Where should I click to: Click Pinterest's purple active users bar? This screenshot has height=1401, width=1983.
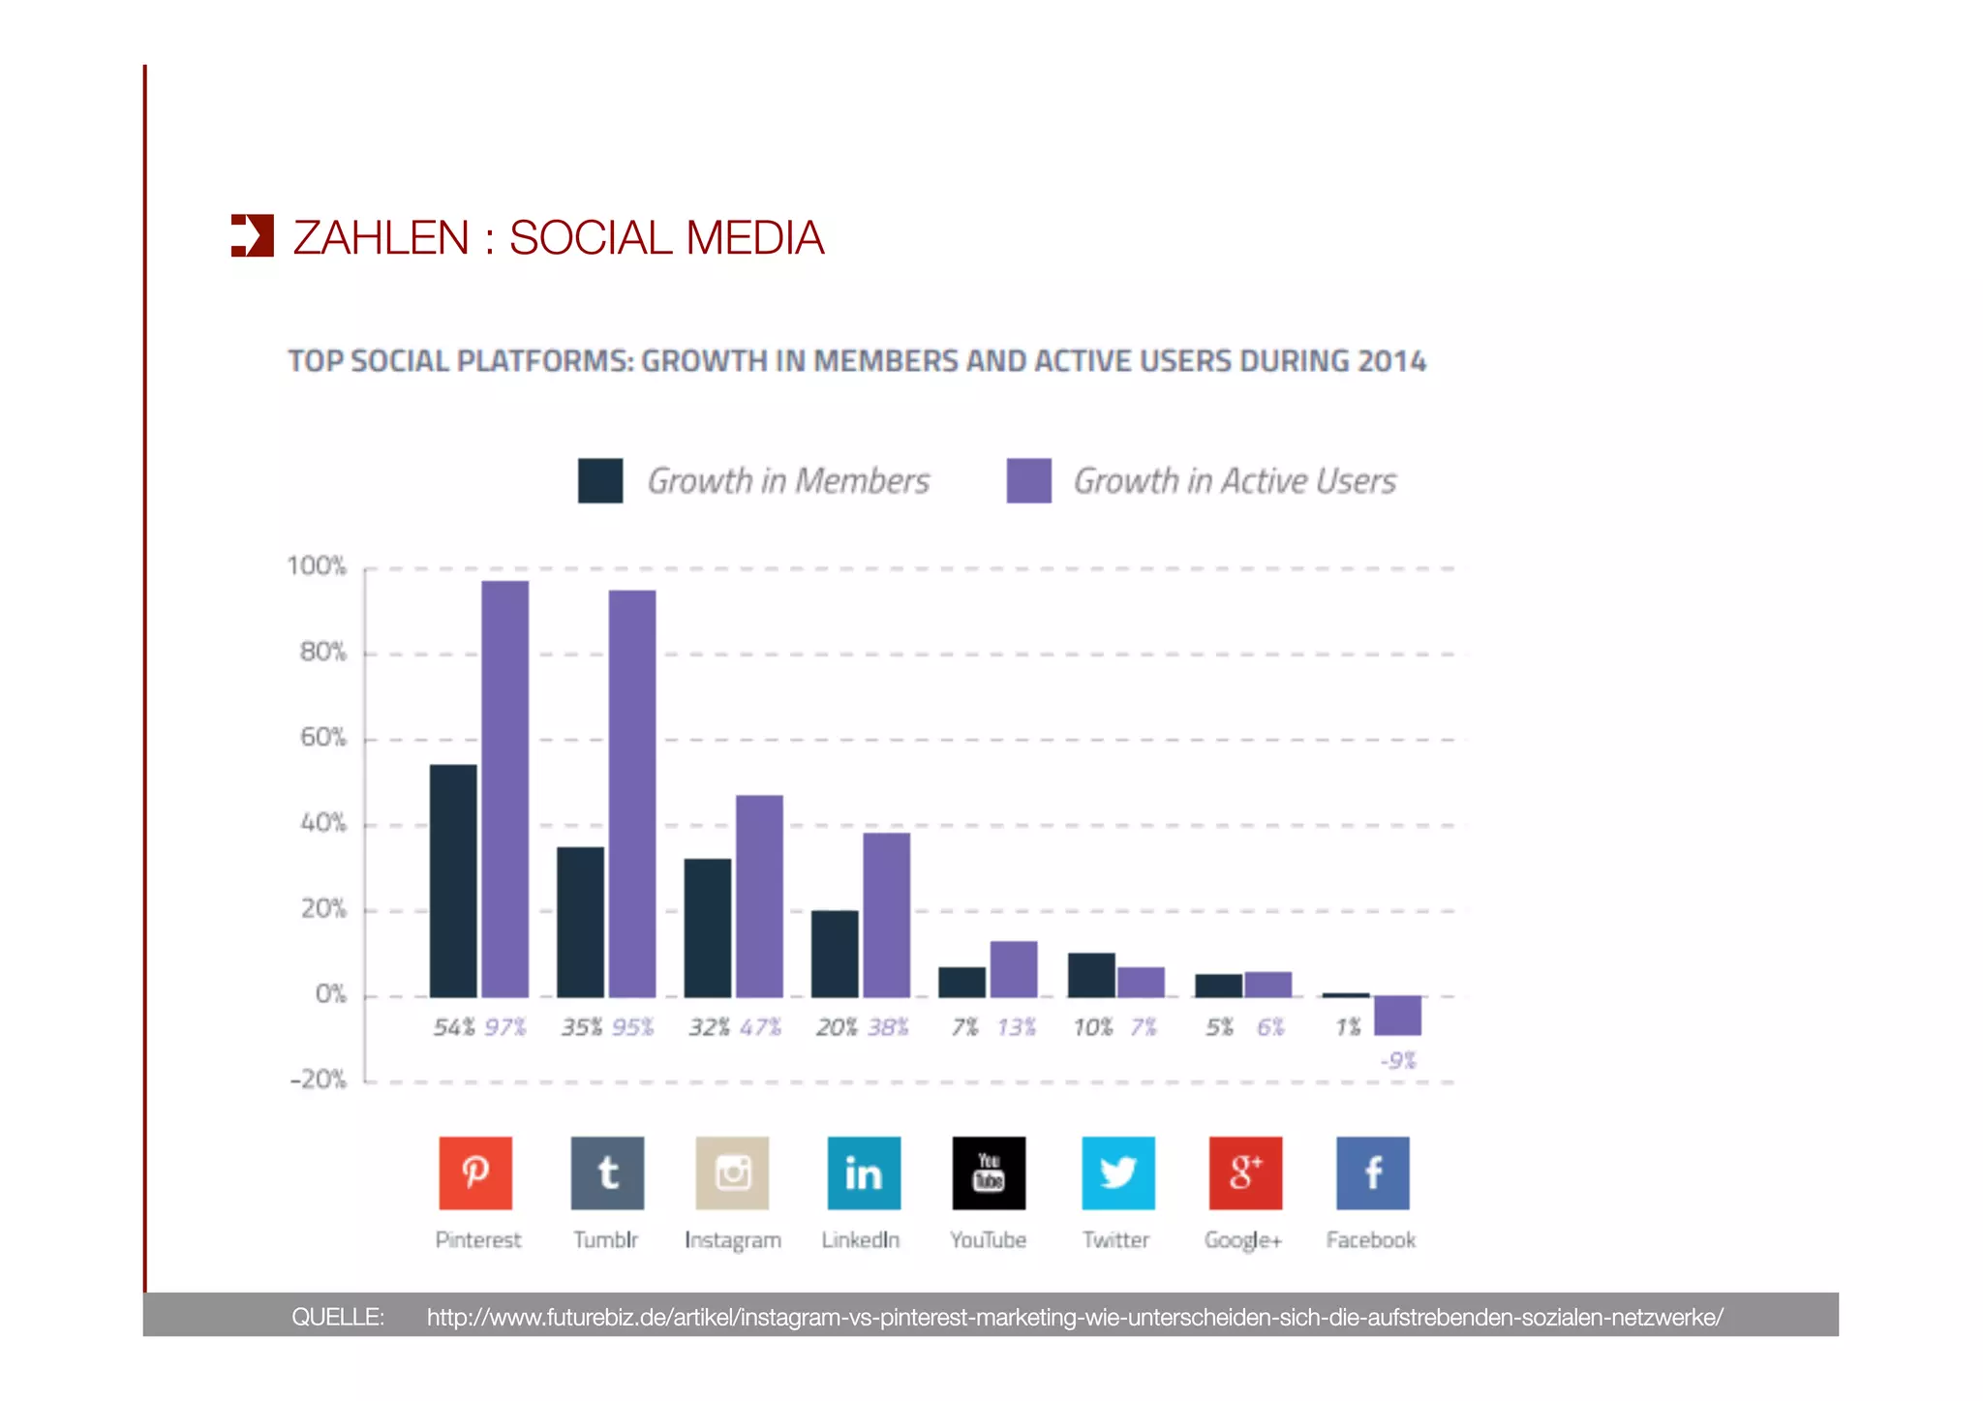coord(504,788)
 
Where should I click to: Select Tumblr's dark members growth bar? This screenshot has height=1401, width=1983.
coord(580,922)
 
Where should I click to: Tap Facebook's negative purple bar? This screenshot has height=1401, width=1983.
coord(1397,1015)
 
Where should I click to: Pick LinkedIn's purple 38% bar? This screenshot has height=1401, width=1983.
coord(886,914)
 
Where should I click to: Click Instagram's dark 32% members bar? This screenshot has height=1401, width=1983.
coord(707,928)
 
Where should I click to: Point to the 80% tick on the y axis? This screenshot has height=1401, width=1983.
coord(323,653)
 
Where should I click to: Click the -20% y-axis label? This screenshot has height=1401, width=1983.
coord(319,1080)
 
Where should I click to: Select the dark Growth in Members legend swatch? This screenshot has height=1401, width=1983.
coord(600,480)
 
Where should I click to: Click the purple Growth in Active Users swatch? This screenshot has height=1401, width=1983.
coord(1028,480)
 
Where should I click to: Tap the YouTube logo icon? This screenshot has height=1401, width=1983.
coord(989,1173)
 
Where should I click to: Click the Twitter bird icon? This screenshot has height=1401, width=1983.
coord(1117,1173)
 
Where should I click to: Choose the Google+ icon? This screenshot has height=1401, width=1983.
coord(1245,1173)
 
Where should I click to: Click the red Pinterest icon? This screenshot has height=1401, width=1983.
coord(475,1173)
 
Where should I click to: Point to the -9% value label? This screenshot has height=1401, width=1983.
coord(1397,1060)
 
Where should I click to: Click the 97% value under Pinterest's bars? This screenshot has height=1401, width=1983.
coord(505,1027)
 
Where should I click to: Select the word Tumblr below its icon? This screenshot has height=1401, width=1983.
coord(605,1240)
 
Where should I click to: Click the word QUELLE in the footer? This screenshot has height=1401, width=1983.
coord(338,1317)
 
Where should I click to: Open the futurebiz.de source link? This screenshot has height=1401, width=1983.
coord(1075,1317)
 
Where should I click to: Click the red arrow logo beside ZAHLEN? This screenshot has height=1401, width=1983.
coord(253,236)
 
